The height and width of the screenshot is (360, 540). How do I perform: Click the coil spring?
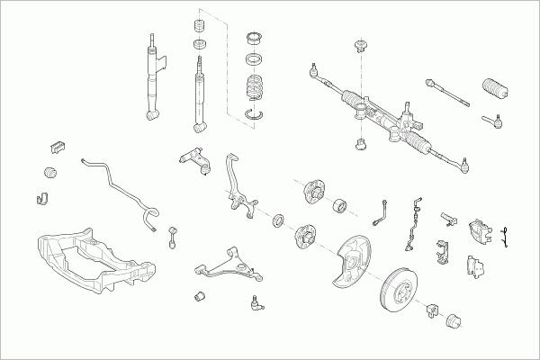(256, 90)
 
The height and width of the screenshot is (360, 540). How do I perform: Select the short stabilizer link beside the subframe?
(172, 236)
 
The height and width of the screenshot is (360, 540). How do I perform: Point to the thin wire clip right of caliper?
(507, 234)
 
